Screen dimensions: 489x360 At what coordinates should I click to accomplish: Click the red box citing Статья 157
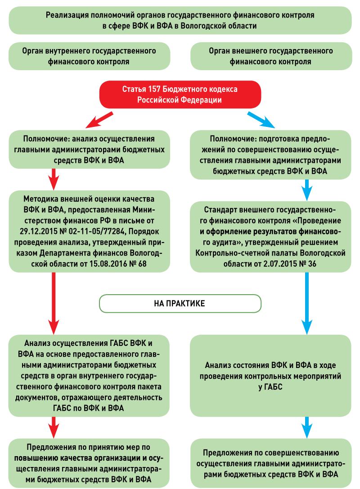tap(180, 95)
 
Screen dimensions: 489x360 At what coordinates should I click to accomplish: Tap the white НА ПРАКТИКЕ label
tap(180, 304)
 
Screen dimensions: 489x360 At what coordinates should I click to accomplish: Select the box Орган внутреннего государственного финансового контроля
tap(89, 56)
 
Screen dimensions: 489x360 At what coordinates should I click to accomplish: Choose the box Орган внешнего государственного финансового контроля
tap(270, 56)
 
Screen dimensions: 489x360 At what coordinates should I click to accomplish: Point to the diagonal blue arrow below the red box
tap(261, 119)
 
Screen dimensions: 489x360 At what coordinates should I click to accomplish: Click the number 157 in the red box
tap(155, 90)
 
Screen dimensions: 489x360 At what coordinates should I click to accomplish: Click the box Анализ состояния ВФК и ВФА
tap(270, 376)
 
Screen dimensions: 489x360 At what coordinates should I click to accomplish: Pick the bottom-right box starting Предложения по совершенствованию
tap(270, 463)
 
